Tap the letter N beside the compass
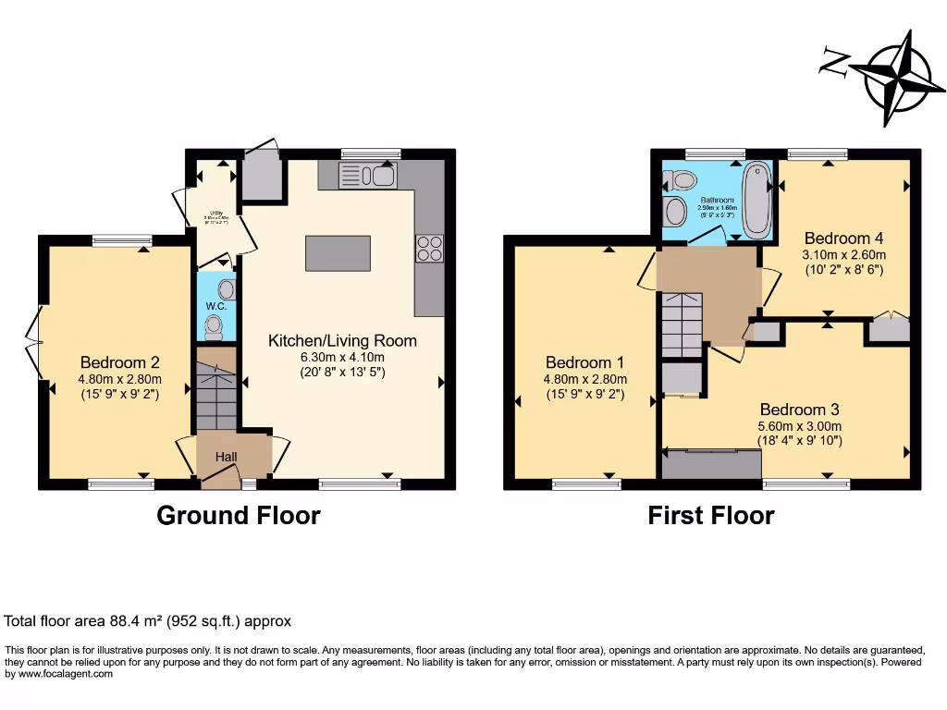pyautogui.click(x=835, y=63)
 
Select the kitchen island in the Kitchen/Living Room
pyautogui.click(x=338, y=253)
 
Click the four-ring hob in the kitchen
pyautogui.click(x=429, y=248)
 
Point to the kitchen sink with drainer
pyautogui.click(x=366, y=175)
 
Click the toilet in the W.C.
pyautogui.click(x=215, y=324)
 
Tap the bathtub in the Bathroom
pyautogui.click(x=756, y=199)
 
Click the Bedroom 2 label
pyautogui.click(x=120, y=361)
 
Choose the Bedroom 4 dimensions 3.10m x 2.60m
pyautogui.click(x=844, y=255)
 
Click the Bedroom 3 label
pyautogui.click(x=800, y=410)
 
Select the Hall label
pyautogui.click(x=227, y=457)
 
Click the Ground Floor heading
pyautogui.click(x=239, y=515)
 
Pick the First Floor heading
pyautogui.click(x=710, y=515)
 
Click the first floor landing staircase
pyautogui.click(x=682, y=324)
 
